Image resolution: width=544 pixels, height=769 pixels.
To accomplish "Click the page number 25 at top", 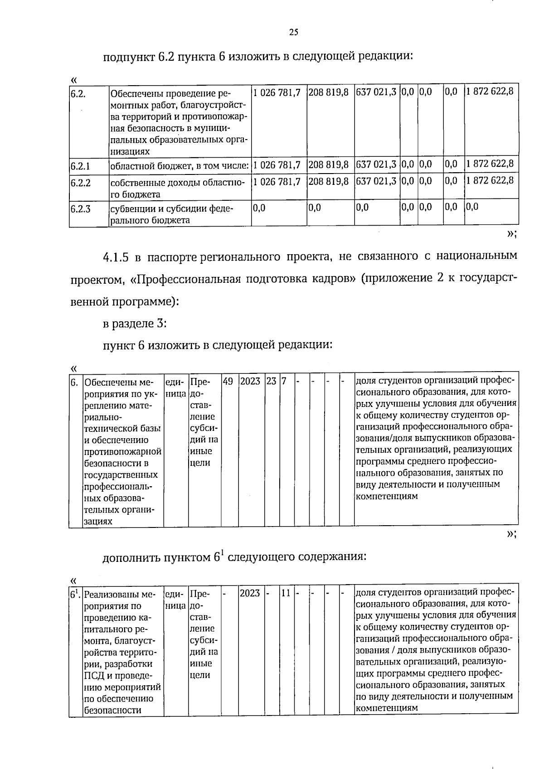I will tap(293, 32).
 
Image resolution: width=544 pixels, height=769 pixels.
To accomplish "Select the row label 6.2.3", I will tap(80, 209).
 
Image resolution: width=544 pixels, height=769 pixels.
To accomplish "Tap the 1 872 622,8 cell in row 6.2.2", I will tap(490, 181).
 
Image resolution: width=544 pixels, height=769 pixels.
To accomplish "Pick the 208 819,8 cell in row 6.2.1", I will tap(329, 165).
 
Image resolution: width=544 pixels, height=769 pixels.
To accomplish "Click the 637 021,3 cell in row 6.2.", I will tap(376, 92).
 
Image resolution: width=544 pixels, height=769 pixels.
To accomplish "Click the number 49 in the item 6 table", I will tap(228, 382).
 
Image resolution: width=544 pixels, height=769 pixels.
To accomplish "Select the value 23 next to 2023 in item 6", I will tap(271, 382).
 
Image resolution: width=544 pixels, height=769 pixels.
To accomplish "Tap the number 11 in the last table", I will tap(286, 593).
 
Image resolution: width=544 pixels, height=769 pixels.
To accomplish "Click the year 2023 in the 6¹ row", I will tap(250, 593).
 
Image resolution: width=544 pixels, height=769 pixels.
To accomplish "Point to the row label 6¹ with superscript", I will tap(75, 593).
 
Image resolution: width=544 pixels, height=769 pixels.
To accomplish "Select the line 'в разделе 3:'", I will tap(135, 324).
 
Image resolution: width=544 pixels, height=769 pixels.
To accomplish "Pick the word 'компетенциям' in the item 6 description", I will tap(386, 496).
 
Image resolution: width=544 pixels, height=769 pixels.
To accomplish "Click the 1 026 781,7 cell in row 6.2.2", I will tap(277, 182).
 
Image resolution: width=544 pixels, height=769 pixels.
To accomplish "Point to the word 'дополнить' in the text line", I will tap(132, 557).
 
